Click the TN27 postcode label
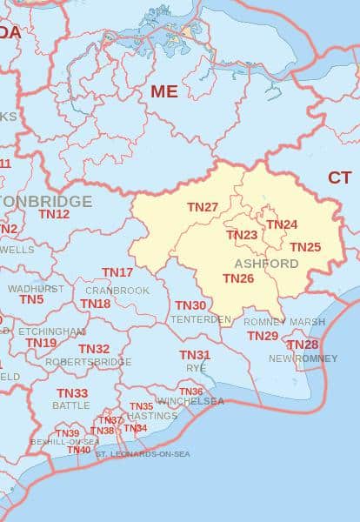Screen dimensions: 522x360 click(203, 207)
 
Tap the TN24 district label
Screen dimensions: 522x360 click(282, 224)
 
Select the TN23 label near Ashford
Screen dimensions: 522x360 click(242, 235)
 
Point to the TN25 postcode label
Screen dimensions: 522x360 click(305, 247)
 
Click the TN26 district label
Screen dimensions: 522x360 click(238, 278)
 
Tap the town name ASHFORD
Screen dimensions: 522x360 click(266, 264)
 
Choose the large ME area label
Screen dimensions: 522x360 click(163, 90)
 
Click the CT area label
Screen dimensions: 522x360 click(339, 177)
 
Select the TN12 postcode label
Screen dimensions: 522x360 click(54, 213)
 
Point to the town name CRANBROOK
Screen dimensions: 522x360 click(117, 291)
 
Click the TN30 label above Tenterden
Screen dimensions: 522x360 click(190, 305)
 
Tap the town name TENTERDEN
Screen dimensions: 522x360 click(201, 319)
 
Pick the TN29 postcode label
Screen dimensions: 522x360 click(263, 336)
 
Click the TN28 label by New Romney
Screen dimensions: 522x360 click(303, 345)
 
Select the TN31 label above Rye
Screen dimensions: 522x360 click(195, 355)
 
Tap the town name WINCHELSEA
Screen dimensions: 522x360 click(190, 401)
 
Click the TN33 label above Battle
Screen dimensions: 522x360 click(72, 393)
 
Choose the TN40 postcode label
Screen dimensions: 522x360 click(79, 450)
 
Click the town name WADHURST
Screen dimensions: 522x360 click(36, 288)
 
